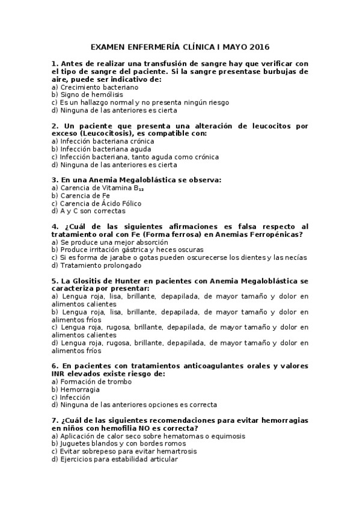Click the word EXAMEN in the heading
tap(107, 46)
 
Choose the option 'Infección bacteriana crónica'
tap(99, 141)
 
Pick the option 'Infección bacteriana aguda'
tap(97, 149)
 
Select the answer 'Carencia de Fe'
tap(81, 195)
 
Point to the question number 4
tap(55, 227)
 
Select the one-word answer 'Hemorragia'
tap(79, 390)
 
